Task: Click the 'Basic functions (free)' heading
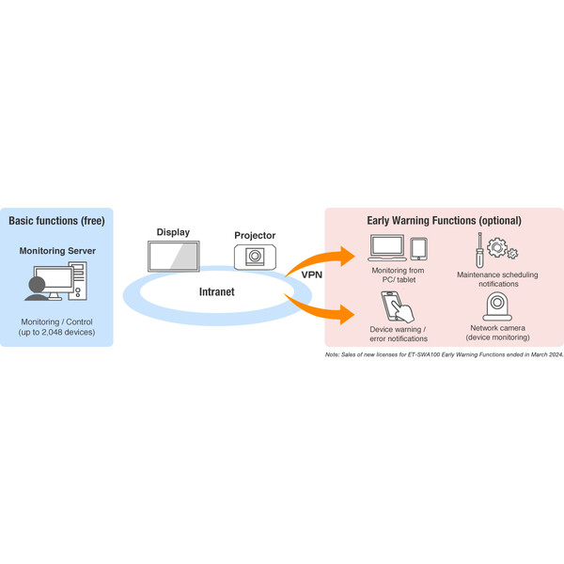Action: [55, 221]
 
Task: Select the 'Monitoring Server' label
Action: [56, 252]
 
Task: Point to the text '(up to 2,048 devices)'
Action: [56, 332]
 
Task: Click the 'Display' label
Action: [172, 231]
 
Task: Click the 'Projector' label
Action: [254, 235]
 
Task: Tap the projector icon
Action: [254, 256]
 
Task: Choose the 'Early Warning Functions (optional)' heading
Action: [444, 221]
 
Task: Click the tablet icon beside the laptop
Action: [418, 248]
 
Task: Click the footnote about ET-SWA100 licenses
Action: [444, 355]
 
